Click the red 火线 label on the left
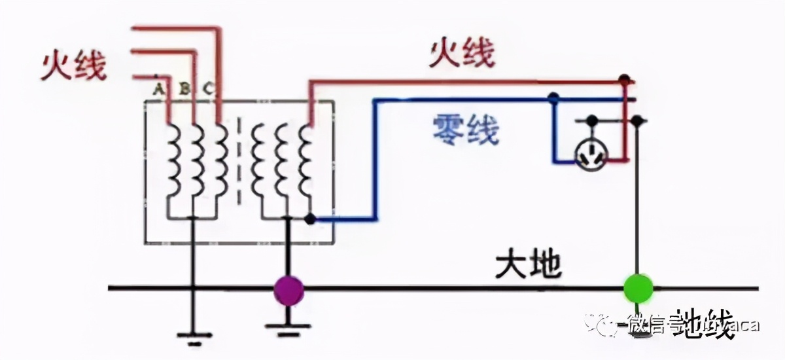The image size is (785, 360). [x=73, y=66]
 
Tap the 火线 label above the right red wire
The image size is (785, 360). [x=462, y=54]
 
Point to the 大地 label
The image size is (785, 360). [x=528, y=264]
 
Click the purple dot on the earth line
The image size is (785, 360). [x=288, y=288]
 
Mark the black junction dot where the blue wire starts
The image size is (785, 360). [x=310, y=219]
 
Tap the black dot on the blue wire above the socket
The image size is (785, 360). [x=553, y=99]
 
